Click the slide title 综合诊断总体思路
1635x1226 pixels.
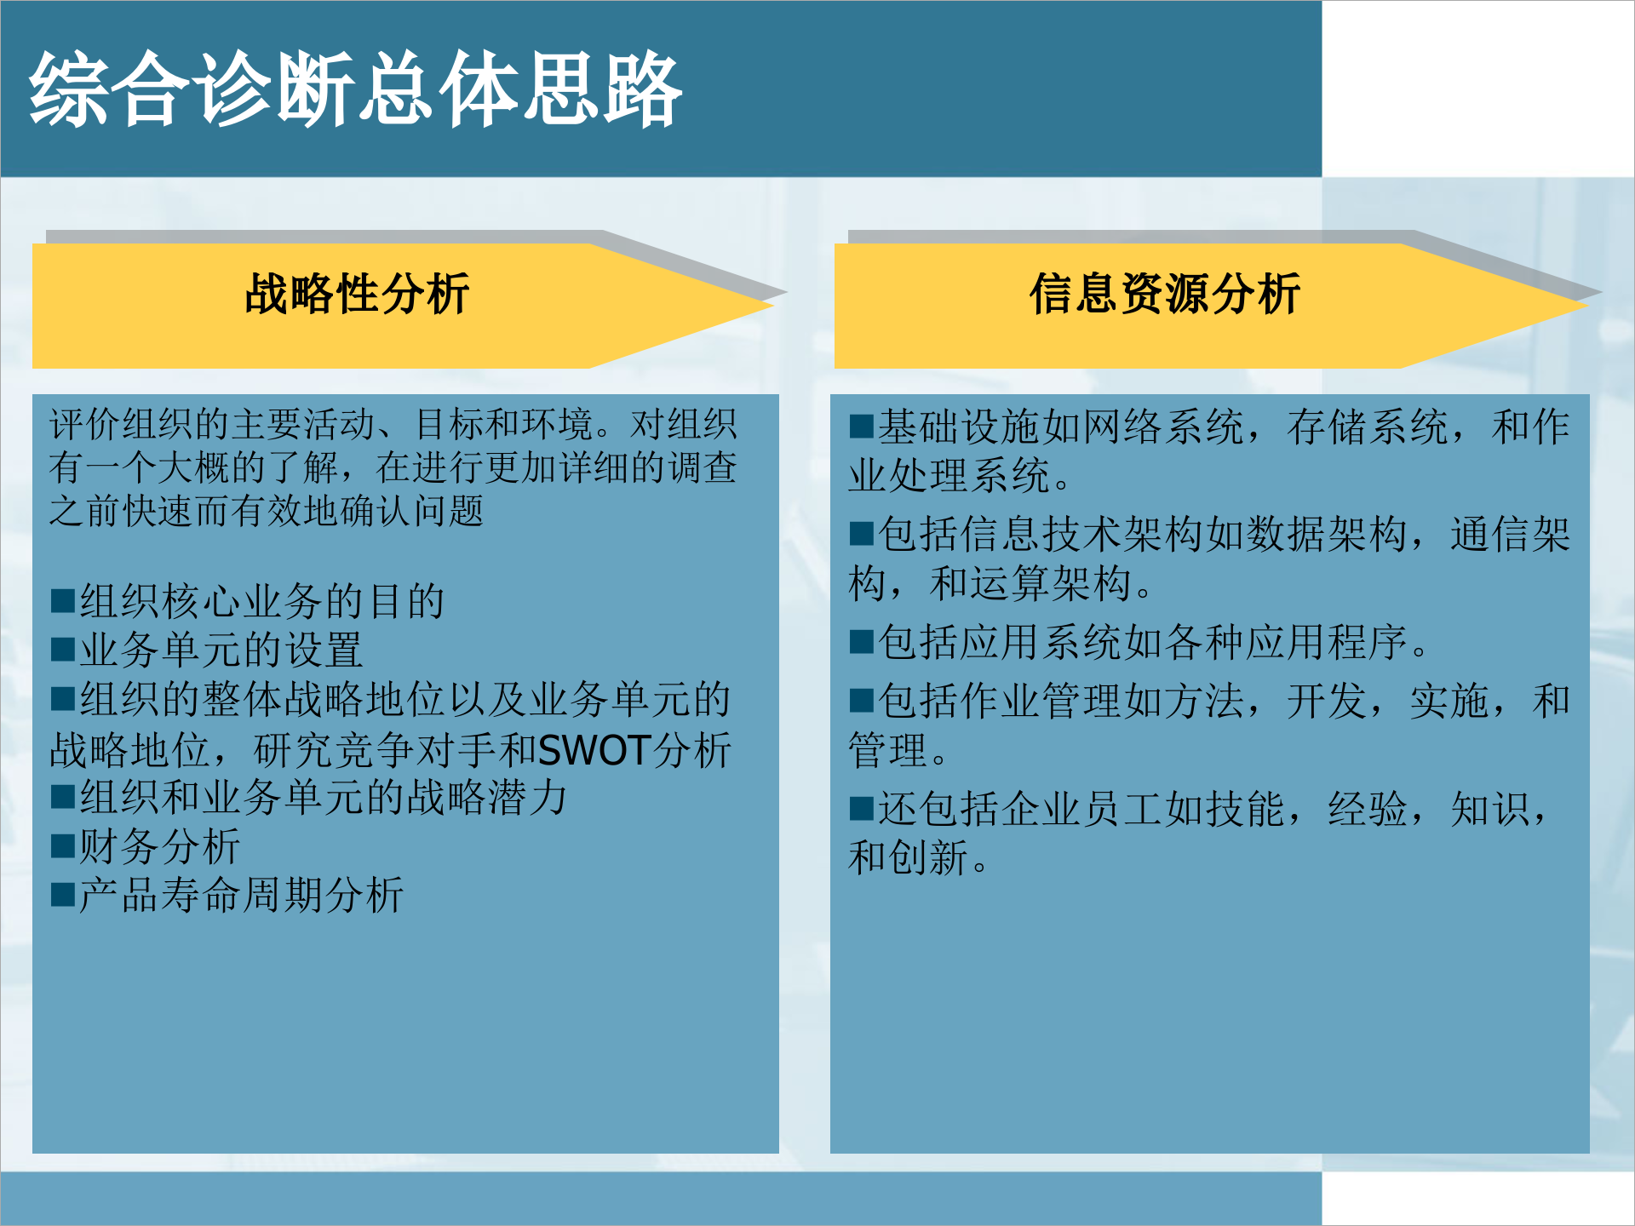[x=356, y=89]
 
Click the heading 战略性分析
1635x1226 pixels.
[x=357, y=295]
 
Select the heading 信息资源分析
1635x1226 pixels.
[x=1164, y=295]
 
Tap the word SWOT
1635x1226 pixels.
[x=595, y=751]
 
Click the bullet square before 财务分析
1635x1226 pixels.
[x=62, y=846]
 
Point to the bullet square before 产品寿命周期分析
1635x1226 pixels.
[x=62, y=896]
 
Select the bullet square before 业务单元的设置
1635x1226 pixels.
[x=62, y=650]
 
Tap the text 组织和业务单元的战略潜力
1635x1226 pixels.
[x=323, y=798]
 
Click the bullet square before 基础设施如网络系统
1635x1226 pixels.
[x=861, y=427]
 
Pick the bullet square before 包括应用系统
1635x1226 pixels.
[x=861, y=642]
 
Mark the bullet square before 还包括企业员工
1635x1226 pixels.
[x=861, y=808]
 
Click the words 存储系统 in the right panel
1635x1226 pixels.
[x=1368, y=427]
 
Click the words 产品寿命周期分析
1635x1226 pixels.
[x=241, y=896]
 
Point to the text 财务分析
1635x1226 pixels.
[x=159, y=846]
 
